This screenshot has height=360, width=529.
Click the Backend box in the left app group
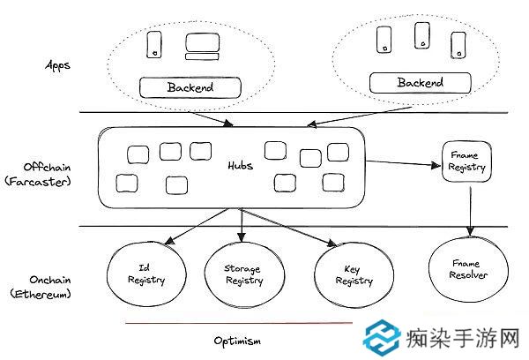(x=190, y=87)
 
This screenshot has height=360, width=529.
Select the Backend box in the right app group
(x=420, y=83)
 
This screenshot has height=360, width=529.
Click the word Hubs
(x=240, y=166)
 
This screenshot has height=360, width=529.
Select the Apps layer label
(x=57, y=66)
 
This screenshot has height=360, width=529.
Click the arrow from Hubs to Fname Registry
(x=406, y=163)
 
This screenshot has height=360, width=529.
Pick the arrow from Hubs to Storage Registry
(x=242, y=225)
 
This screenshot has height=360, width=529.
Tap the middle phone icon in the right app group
(x=421, y=35)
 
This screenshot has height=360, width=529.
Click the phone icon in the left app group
(x=154, y=45)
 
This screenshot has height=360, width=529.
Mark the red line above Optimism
(x=238, y=323)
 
